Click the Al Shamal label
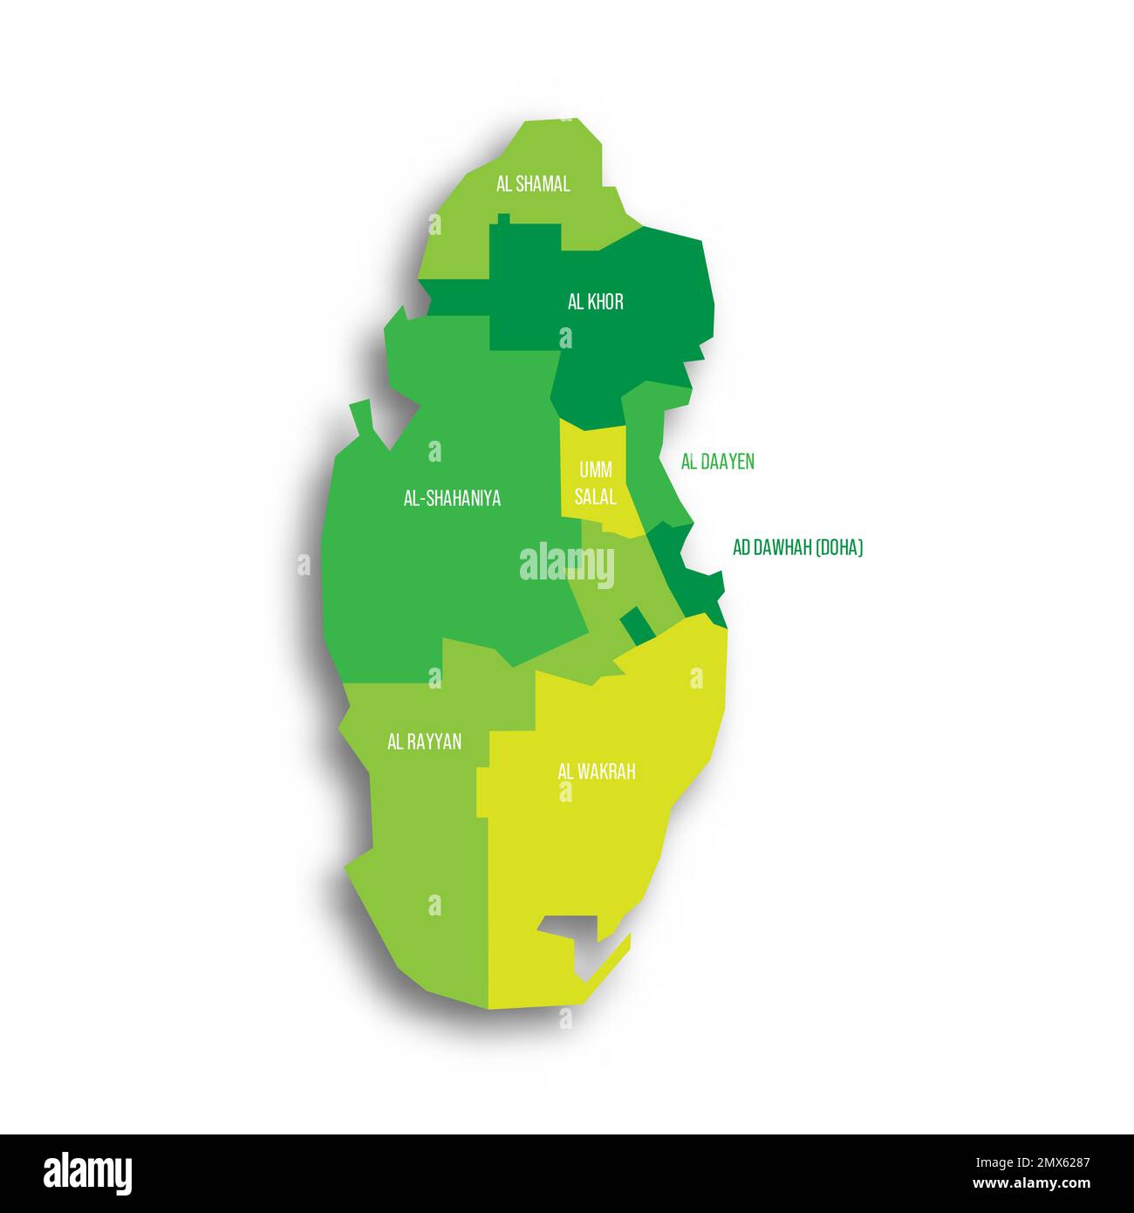(x=533, y=184)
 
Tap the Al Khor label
(x=596, y=302)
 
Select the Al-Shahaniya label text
(x=452, y=498)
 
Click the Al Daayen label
(x=717, y=462)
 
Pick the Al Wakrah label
(x=597, y=771)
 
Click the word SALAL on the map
(x=597, y=497)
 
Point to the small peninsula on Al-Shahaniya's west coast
(x=363, y=419)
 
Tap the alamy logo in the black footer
(x=87, y=1173)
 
